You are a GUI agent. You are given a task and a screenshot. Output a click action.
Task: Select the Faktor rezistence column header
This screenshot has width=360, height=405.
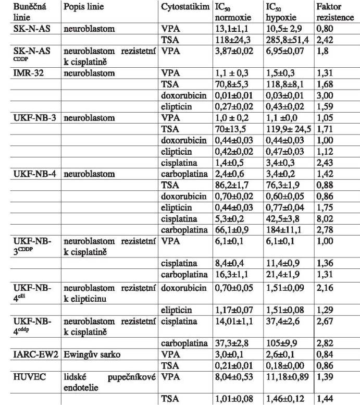(331, 15)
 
